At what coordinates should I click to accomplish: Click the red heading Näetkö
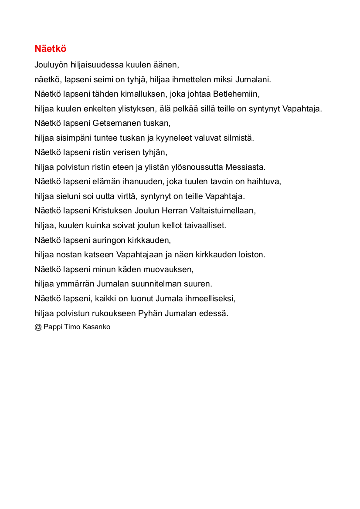(x=50, y=49)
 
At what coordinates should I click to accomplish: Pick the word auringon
(x=109, y=240)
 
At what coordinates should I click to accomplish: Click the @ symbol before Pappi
(x=38, y=327)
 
